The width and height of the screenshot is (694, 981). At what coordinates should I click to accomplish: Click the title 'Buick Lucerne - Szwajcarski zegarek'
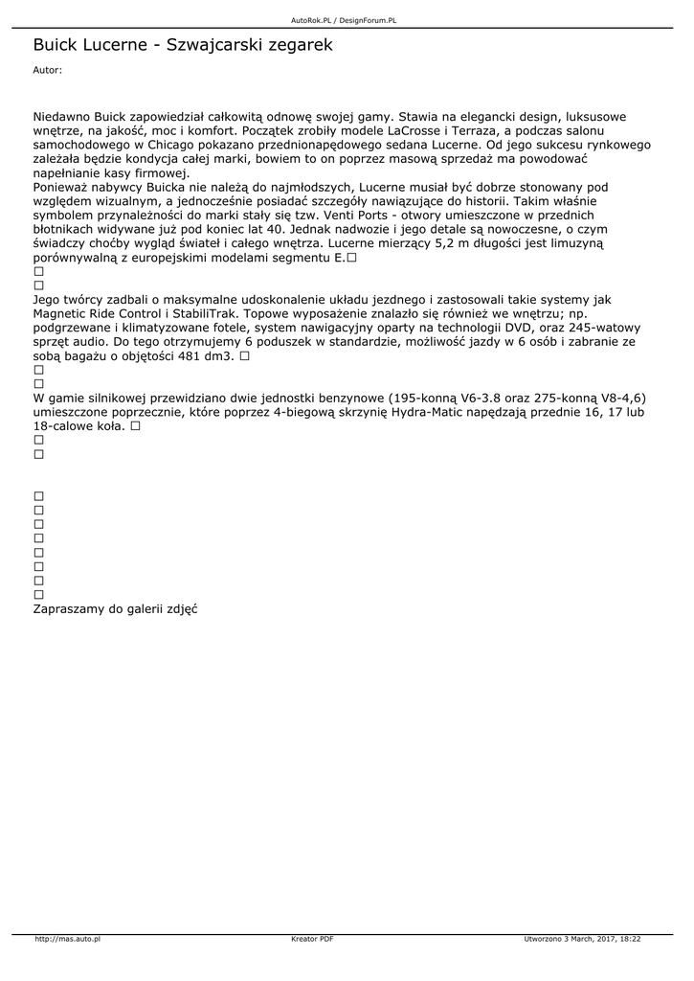point(183,44)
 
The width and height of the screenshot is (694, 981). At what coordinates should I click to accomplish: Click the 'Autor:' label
point(47,70)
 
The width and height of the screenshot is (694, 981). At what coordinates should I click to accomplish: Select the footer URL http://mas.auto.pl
point(67,940)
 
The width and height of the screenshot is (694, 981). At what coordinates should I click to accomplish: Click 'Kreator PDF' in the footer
point(312,940)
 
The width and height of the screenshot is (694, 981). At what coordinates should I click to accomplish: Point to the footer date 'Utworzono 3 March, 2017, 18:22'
point(582,940)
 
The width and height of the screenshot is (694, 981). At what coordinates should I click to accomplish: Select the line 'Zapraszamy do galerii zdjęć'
point(115,608)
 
